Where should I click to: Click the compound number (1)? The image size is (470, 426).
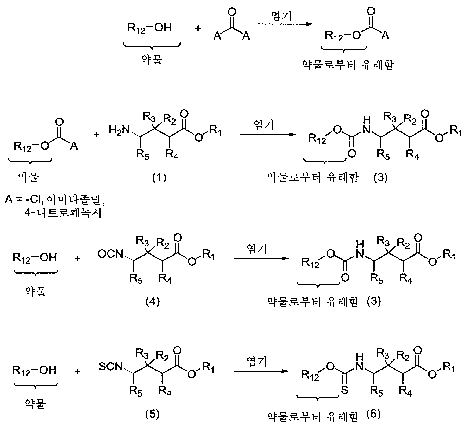tap(159, 177)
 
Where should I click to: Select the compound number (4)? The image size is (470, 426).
tap(153, 301)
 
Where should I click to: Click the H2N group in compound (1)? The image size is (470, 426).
tap(119, 129)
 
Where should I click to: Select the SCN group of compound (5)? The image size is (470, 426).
tap(111, 367)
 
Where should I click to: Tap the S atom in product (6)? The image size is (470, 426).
tap(344, 390)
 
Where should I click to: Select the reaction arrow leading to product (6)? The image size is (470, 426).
tap(261, 371)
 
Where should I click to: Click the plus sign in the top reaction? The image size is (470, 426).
tap(198, 28)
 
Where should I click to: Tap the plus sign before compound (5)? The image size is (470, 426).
tap(77, 371)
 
